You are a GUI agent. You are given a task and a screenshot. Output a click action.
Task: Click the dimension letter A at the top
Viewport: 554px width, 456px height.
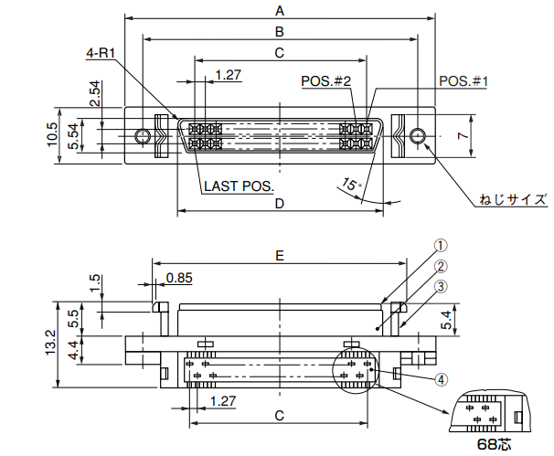tap(280, 10)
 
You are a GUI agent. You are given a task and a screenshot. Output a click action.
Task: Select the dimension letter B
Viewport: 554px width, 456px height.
tap(280, 31)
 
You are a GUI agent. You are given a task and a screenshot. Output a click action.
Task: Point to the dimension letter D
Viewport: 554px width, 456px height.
tap(280, 203)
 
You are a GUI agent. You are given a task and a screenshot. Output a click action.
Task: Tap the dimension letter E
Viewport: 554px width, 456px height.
tap(280, 258)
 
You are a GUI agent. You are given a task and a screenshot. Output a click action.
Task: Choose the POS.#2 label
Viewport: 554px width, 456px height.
tap(326, 81)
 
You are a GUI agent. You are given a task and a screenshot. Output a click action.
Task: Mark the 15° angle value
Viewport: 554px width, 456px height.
tap(350, 186)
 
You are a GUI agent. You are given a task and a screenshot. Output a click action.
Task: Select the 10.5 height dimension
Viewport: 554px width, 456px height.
tap(52, 137)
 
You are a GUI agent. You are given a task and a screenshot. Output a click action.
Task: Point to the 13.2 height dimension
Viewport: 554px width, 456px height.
tap(51, 345)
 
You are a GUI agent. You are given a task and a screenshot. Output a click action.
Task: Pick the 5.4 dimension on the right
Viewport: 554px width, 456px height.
tap(446, 319)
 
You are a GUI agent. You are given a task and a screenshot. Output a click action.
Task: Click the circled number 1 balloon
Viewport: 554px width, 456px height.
tap(440, 246)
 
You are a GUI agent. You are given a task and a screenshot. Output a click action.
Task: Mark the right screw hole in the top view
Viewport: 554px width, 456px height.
tap(417, 137)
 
